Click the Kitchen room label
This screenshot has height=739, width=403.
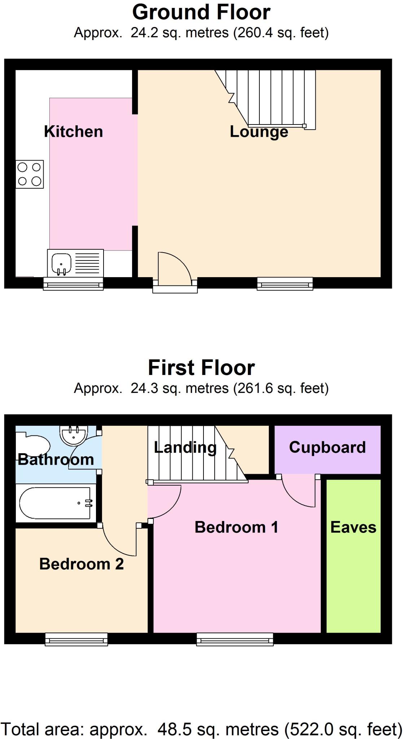(73, 132)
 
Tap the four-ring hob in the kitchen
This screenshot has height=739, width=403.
(30, 174)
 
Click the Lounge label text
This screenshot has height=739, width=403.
(259, 132)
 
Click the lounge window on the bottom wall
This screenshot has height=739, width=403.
(285, 284)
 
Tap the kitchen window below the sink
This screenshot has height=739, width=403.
(73, 284)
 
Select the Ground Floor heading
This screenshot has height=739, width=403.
(201, 12)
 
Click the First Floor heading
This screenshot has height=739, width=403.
(201, 368)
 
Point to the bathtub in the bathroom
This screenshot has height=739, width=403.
(55, 503)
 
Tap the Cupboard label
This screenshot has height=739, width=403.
(327, 447)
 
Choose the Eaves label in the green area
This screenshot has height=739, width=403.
(353, 528)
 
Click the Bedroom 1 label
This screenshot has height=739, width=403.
(236, 528)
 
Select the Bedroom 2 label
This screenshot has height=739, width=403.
(82, 564)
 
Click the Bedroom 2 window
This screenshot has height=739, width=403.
(76, 639)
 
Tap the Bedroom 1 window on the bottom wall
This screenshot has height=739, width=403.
(235, 639)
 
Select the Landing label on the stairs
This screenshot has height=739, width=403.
(185, 448)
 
